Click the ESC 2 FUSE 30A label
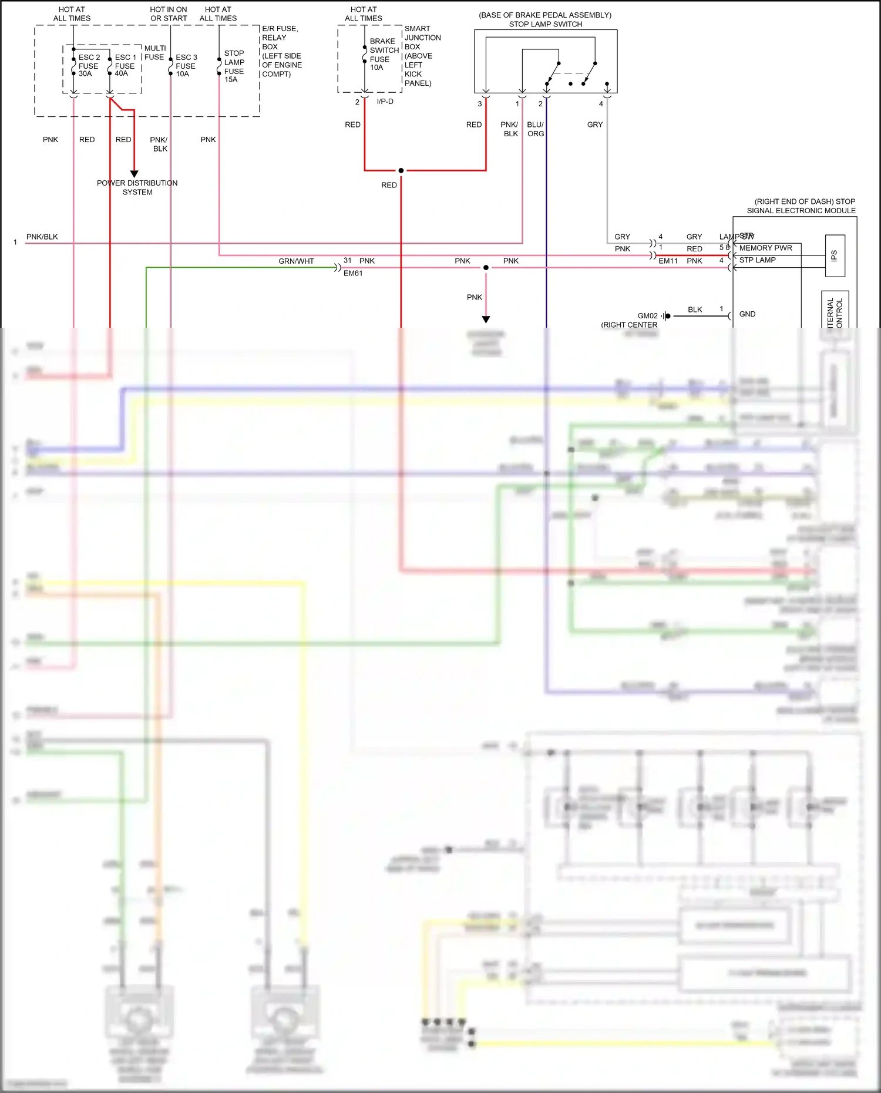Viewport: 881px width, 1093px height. [x=89, y=66]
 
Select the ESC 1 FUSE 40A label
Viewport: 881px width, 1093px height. [x=125, y=66]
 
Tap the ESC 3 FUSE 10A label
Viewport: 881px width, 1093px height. [x=186, y=66]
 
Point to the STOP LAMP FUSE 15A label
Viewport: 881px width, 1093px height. [x=234, y=66]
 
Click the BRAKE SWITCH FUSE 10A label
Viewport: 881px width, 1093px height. [x=384, y=55]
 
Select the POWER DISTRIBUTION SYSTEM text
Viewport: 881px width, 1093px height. [x=137, y=187]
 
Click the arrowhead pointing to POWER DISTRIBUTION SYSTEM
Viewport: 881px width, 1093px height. [x=134, y=174]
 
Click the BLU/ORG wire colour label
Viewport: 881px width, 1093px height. [x=535, y=129]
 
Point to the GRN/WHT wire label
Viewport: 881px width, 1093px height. [x=296, y=261]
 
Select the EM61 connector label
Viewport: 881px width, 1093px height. [x=352, y=274]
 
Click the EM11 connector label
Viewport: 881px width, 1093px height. [x=668, y=261]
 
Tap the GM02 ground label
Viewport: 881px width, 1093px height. [x=647, y=316]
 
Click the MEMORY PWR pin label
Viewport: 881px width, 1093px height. [x=765, y=248]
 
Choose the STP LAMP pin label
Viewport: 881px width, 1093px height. [x=757, y=260]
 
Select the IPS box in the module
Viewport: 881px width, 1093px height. [x=835, y=255]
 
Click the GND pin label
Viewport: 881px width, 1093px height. [x=747, y=314]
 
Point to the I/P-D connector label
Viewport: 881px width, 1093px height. [x=385, y=102]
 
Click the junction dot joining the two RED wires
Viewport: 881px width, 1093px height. [x=401, y=170]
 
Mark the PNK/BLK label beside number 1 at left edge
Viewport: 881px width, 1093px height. [x=42, y=237]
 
